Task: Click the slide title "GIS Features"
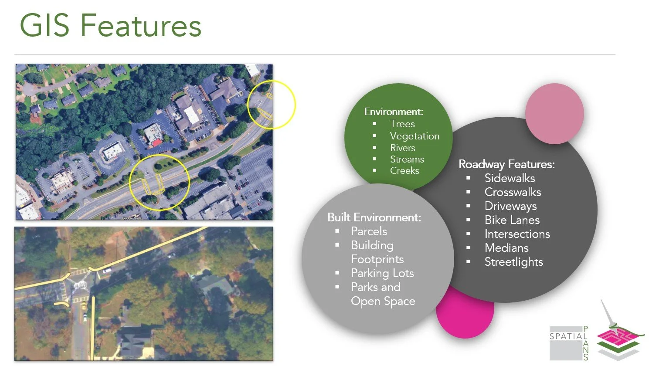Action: click(x=111, y=25)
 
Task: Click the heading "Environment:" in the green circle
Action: click(x=394, y=112)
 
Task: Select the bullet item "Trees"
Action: click(x=402, y=124)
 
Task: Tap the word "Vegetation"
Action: click(x=415, y=136)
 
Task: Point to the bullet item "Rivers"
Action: click(x=402, y=148)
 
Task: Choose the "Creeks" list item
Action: click(x=404, y=171)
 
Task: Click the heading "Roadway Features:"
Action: click(x=506, y=164)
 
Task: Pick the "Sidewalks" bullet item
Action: click(x=510, y=178)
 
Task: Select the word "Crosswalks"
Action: click(x=513, y=192)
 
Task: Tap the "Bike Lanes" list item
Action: click(x=512, y=220)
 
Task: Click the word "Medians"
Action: click(x=506, y=248)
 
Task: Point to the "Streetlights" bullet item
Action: click(x=514, y=262)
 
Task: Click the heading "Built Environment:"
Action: click(x=374, y=217)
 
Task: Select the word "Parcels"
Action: click(x=369, y=231)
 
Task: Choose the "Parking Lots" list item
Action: click(x=382, y=273)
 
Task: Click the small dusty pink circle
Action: click(x=554, y=114)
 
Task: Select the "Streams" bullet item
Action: click(x=407, y=159)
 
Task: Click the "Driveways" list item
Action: click(x=510, y=206)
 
